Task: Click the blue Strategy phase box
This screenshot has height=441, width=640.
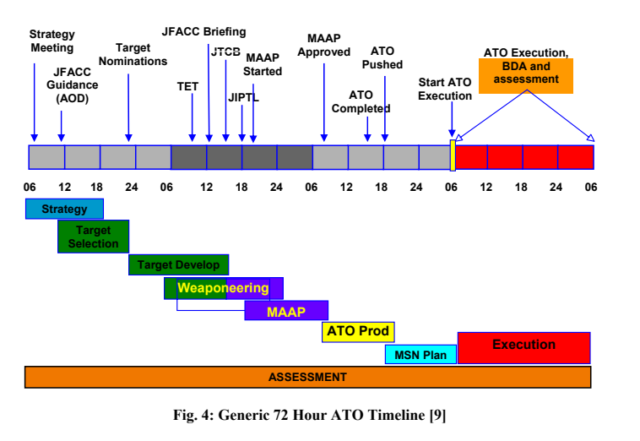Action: [x=64, y=209]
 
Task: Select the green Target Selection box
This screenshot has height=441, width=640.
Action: [x=94, y=237]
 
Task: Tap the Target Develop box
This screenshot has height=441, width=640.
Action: [x=179, y=264]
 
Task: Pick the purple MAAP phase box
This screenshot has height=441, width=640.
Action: [x=286, y=310]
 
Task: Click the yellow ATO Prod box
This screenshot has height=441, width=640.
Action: [x=358, y=331]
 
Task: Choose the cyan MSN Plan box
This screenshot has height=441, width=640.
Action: [x=420, y=355]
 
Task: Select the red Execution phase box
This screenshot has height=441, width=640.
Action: [x=524, y=348]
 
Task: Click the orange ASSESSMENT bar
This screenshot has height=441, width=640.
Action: [x=307, y=377]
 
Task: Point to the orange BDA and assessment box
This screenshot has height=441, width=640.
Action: [x=526, y=76]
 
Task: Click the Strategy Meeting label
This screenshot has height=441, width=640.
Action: [x=52, y=41]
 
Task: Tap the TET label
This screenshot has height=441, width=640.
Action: [x=187, y=86]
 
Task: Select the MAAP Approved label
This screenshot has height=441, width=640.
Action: [x=323, y=45]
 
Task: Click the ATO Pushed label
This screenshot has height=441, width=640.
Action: [x=382, y=57]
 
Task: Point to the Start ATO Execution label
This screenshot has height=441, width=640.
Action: [x=445, y=89]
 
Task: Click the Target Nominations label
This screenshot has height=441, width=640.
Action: [x=133, y=54]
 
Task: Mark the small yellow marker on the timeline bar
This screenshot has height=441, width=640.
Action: [x=453, y=155]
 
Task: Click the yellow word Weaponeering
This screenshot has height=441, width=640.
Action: [x=223, y=288]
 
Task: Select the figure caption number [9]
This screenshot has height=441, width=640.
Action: [x=437, y=415]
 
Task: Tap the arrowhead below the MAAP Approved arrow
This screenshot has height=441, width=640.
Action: [x=324, y=138]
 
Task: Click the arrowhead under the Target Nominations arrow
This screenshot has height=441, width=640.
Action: [x=128, y=138]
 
